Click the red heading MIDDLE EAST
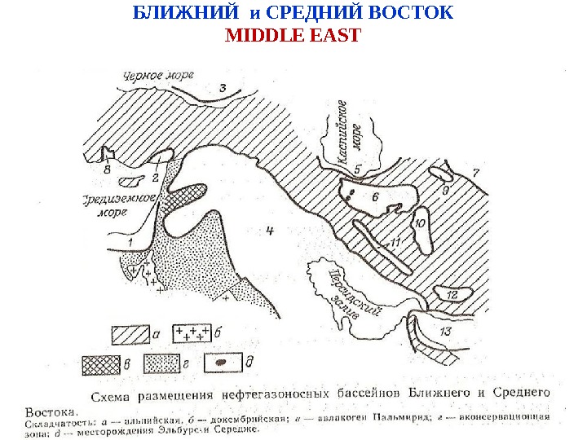[292, 36]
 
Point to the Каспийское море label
[356, 130]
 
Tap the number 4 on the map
[269, 231]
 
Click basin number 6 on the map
[374, 197]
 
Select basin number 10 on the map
[420, 222]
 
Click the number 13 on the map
[444, 332]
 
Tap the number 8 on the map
[107, 170]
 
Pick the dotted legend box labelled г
[161, 362]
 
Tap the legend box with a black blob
[223, 361]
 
